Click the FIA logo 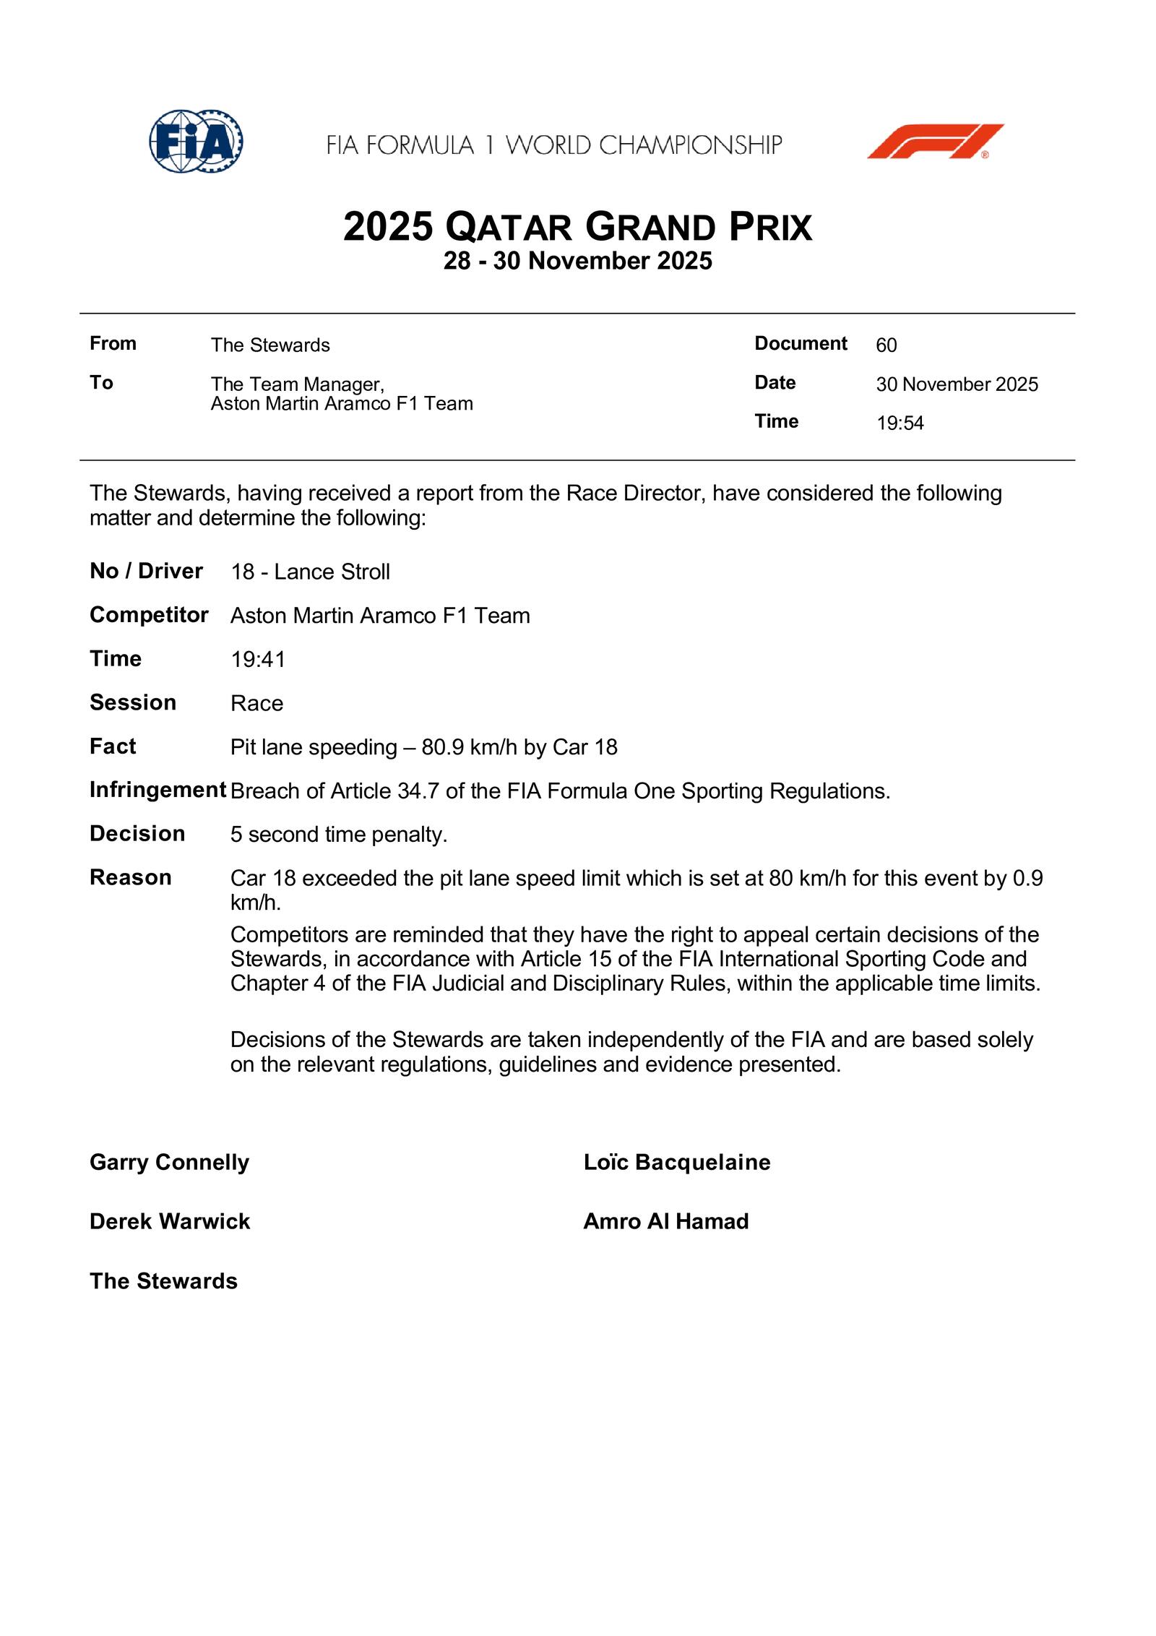click(x=196, y=142)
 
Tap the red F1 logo click(x=935, y=142)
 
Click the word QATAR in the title click(x=509, y=228)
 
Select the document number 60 click(x=886, y=345)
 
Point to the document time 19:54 click(x=900, y=423)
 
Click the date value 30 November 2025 click(x=957, y=384)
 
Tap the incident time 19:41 click(x=258, y=660)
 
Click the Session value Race click(x=256, y=703)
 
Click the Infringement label click(x=158, y=791)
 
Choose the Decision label click(x=137, y=834)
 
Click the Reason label click(x=131, y=878)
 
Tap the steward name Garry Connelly click(x=169, y=1162)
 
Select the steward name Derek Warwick click(x=170, y=1221)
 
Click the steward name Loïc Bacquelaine click(x=676, y=1162)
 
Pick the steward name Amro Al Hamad click(x=665, y=1221)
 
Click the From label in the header click(x=113, y=344)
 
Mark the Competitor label click(x=149, y=615)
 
